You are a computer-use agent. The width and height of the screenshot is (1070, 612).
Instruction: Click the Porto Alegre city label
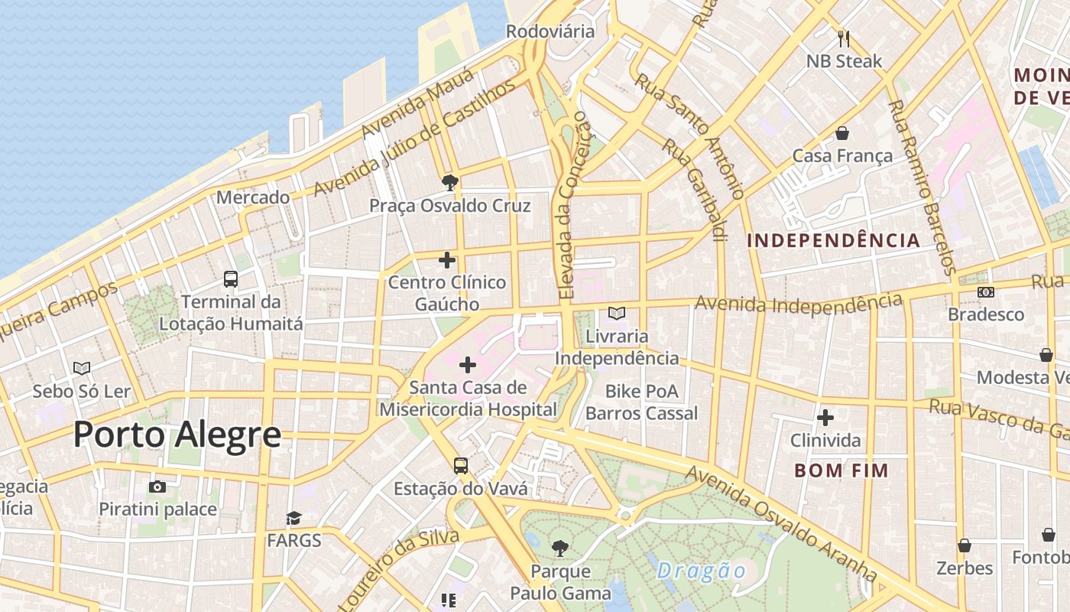point(177,435)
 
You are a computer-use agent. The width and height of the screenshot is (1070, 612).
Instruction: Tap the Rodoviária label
point(550,31)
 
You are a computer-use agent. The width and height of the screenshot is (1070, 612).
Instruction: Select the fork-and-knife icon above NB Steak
point(844,38)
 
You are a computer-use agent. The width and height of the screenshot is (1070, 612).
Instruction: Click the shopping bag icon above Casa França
point(841,134)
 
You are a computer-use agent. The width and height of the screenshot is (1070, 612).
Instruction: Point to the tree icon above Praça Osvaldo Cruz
point(449,182)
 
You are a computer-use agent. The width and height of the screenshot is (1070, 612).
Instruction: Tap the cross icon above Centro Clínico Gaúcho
point(447,260)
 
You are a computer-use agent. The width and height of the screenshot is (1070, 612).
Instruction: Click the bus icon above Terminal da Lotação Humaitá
point(230,279)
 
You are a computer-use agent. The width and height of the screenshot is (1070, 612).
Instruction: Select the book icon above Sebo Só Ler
point(82,369)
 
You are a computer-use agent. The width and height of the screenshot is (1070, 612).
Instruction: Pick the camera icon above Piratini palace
point(157,487)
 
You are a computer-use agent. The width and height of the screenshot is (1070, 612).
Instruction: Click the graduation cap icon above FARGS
point(294,519)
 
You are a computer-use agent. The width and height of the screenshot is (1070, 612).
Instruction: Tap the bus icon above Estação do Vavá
point(460,465)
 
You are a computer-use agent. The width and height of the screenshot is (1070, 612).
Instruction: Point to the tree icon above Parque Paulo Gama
point(560,548)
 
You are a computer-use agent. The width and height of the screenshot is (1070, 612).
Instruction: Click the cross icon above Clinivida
point(825,418)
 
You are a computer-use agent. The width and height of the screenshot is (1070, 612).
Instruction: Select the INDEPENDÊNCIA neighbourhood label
point(833,240)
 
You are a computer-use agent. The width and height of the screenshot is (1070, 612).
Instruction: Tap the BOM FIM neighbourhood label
point(841,470)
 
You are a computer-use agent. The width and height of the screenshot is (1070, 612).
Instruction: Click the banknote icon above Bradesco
point(986,292)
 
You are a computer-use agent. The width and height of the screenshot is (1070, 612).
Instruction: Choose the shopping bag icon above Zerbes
point(965,545)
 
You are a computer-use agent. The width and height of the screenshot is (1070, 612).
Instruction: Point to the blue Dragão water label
point(701,571)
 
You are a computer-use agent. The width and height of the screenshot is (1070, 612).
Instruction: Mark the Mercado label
point(253,197)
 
